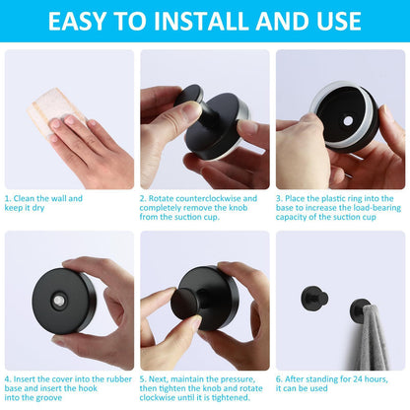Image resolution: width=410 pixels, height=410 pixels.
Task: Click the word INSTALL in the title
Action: coord(203,22)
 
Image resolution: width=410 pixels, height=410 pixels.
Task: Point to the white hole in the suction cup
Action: coord(348,121)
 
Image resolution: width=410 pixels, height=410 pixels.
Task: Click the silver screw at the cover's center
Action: coord(59,300)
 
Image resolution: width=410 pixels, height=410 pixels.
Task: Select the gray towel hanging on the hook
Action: coord(372,337)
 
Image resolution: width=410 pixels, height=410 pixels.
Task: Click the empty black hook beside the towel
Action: coord(313,298)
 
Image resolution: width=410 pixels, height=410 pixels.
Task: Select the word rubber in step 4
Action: coord(119,379)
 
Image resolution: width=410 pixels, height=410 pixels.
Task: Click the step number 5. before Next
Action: coord(143,379)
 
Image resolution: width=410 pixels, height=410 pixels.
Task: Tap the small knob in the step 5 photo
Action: coord(185,304)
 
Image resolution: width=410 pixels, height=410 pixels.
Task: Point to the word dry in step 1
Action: coord(38,208)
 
